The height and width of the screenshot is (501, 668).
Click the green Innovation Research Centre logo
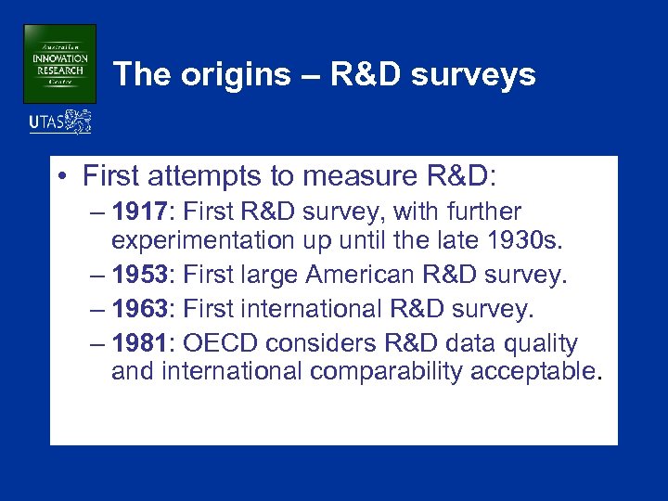tap(59, 63)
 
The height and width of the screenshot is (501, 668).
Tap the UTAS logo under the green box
tap(60, 122)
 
